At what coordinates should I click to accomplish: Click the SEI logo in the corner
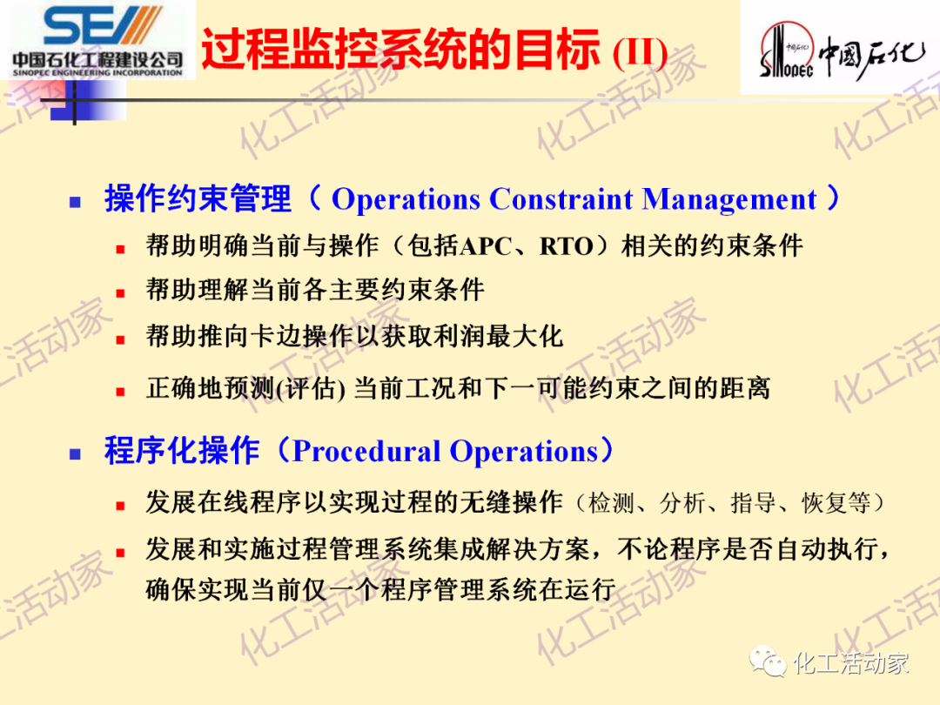coord(97,40)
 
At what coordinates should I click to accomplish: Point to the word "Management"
coord(729,199)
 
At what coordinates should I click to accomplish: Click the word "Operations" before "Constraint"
coord(406,199)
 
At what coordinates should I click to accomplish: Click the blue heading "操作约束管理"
coord(198,199)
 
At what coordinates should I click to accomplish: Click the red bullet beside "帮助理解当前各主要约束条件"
coord(121,293)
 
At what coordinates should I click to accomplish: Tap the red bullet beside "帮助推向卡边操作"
coord(121,339)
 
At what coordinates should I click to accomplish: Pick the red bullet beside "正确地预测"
coord(121,391)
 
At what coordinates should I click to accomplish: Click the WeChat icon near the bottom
coord(770,663)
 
